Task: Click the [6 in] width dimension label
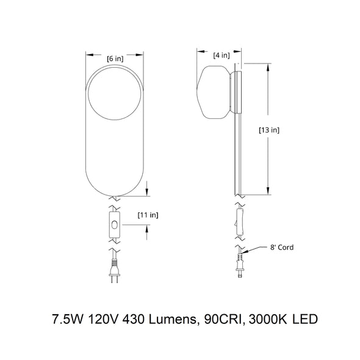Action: coord(115,59)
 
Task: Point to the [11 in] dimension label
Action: coord(148,215)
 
